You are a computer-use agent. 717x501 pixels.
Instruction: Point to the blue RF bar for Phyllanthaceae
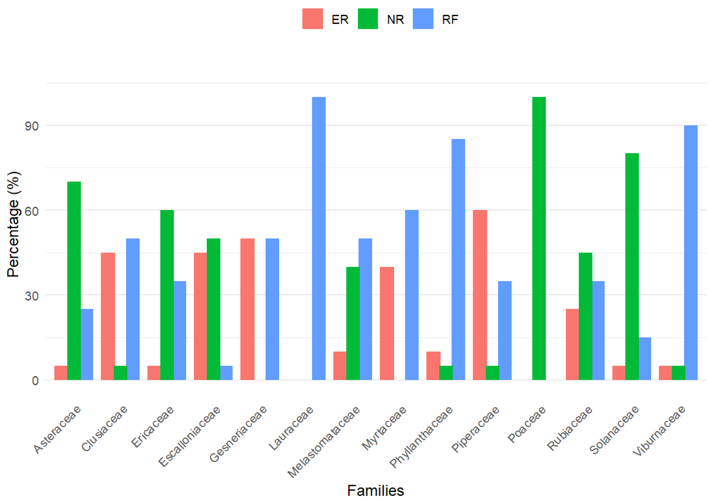(458, 259)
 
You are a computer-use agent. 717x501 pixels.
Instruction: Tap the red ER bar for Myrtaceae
(387, 323)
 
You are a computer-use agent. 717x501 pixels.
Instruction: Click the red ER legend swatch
(312, 19)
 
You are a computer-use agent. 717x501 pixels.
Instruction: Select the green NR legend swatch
(368, 19)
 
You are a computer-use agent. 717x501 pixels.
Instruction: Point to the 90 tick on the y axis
(31, 126)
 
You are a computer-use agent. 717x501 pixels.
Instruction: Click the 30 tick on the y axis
(31, 296)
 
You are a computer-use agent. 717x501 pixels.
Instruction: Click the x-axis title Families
(375, 490)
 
